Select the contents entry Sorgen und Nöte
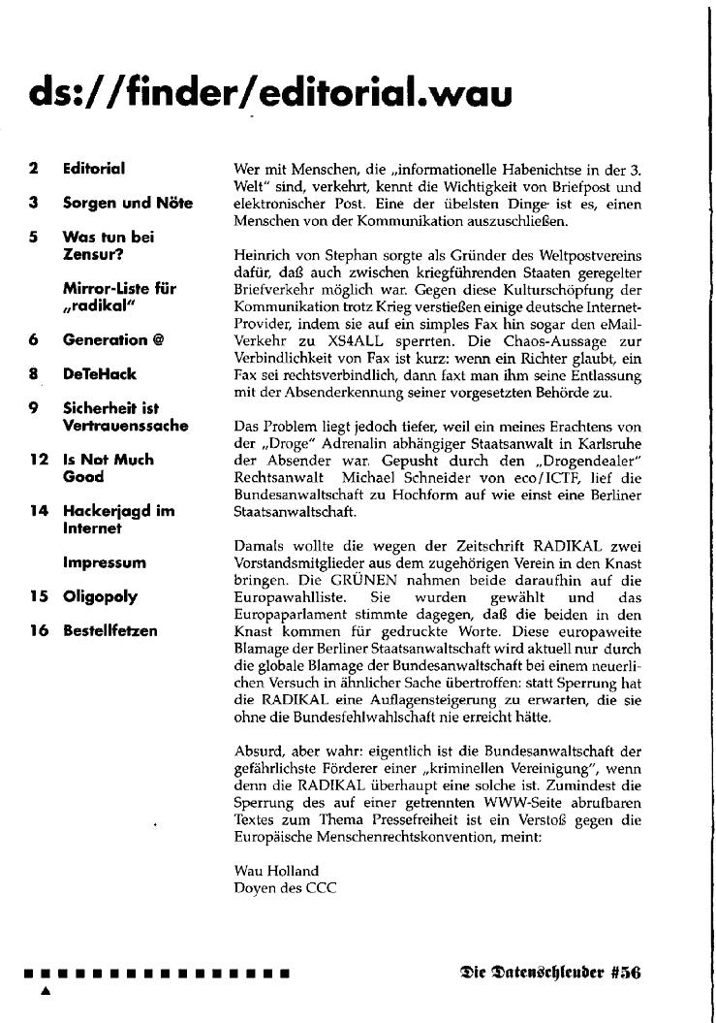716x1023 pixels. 127,203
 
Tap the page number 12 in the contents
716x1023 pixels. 39,460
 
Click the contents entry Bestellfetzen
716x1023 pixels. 109,630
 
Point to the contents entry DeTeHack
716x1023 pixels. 100,373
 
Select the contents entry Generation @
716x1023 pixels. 112,339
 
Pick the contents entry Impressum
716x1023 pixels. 105,562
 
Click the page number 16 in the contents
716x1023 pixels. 39,630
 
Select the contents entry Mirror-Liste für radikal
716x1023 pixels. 119,298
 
